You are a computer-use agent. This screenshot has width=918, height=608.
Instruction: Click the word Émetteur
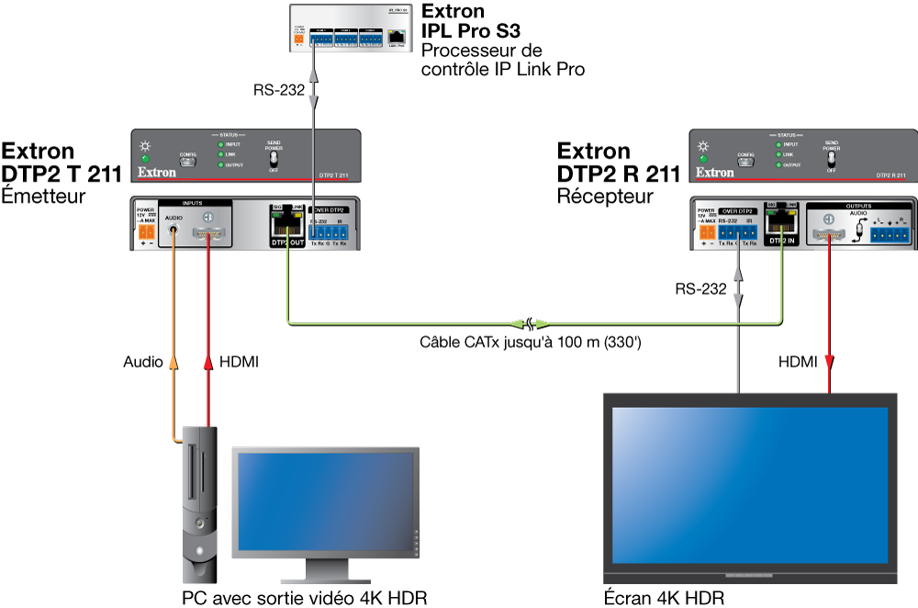point(44,196)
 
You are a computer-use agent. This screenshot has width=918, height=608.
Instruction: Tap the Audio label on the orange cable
point(143,363)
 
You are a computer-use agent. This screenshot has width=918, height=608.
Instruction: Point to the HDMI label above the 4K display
point(798,363)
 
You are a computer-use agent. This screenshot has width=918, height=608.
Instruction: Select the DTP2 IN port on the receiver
point(780,226)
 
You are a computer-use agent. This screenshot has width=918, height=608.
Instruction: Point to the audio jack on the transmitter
point(174,235)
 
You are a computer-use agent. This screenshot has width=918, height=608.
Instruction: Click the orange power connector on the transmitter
point(144,237)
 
